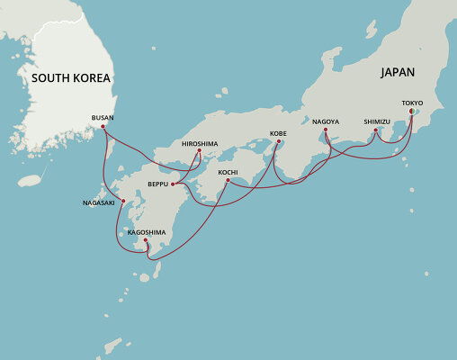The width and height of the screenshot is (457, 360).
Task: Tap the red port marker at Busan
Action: click(103, 126)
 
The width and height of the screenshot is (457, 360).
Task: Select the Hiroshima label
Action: click(199, 143)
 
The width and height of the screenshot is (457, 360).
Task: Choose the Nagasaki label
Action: click(100, 202)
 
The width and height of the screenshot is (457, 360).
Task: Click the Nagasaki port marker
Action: click(122, 201)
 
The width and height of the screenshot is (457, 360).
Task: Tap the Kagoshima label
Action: click(147, 231)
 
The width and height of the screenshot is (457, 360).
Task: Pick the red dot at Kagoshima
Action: click(146, 239)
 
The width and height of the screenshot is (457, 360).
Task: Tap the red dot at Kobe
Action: click(279, 141)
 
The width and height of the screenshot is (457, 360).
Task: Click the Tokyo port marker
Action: click(412, 112)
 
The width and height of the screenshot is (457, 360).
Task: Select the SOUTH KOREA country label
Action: click(71, 78)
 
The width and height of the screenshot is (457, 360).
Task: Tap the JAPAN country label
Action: click(398, 71)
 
